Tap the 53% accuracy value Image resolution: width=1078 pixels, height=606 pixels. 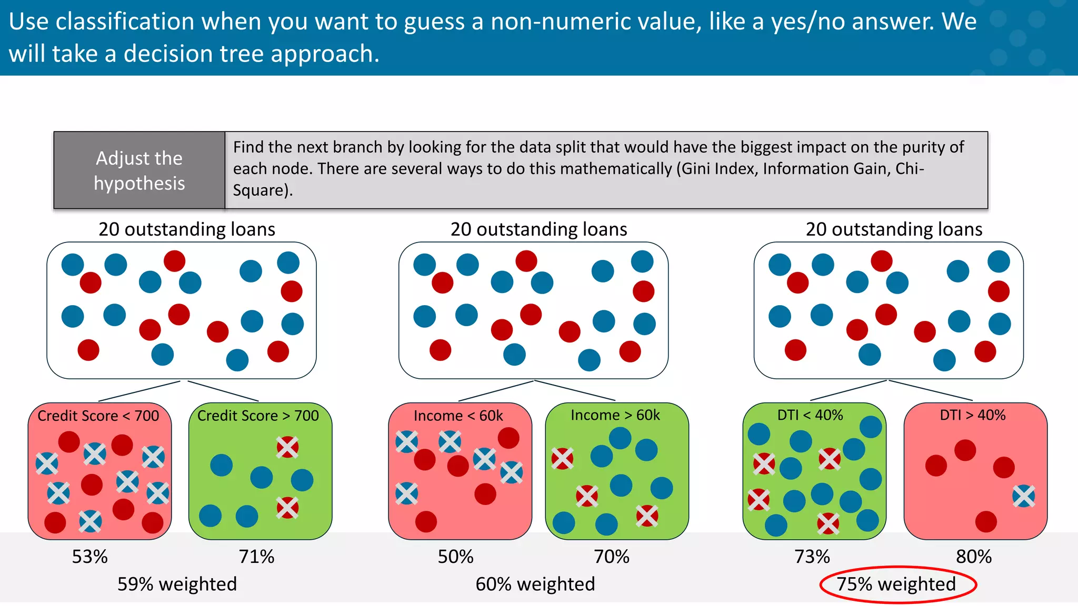[89, 557]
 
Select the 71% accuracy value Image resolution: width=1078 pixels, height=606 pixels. [256, 557]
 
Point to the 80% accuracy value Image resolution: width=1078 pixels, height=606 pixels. [973, 557]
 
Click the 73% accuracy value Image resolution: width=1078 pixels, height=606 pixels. [812, 557]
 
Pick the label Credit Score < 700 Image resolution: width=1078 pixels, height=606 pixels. [98, 416]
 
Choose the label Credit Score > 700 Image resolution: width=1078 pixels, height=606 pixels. [258, 416]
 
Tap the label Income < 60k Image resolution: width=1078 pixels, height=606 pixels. [458, 416]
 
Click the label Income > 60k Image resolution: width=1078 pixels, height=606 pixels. [615, 415]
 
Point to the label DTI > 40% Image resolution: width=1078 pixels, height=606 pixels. [972, 415]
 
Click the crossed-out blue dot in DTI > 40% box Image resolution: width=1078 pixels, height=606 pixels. [1023, 496]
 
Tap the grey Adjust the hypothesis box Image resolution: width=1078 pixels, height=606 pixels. [139, 170]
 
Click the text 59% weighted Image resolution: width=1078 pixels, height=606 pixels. [177, 584]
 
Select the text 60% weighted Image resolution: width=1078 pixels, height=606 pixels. [535, 584]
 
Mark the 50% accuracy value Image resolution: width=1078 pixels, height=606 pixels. [455, 557]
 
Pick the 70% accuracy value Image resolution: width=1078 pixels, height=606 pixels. [611, 557]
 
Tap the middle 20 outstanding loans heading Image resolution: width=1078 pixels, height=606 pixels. [538, 229]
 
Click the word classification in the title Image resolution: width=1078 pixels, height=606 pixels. [125, 22]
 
